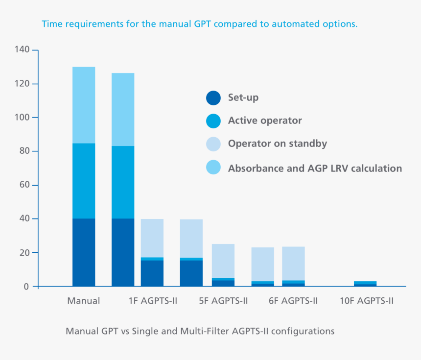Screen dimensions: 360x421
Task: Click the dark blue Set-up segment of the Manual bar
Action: tap(84, 252)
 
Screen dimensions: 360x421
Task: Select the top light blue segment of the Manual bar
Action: tap(84, 105)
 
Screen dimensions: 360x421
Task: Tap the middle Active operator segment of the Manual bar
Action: tap(84, 181)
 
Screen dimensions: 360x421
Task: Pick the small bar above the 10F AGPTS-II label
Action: tap(365, 284)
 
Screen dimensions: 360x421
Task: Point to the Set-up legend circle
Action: tap(213, 98)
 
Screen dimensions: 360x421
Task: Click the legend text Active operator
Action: tap(265, 120)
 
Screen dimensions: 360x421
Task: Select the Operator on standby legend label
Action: tap(277, 144)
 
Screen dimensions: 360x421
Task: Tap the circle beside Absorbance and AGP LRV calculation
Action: tap(213, 168)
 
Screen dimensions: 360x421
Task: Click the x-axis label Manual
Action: tap(84, 301)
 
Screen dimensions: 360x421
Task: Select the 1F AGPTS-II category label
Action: tap(152, 301)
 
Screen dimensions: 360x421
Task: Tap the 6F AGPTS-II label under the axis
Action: tap(293, 301)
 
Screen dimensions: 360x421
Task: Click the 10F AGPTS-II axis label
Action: tap(367, 301)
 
